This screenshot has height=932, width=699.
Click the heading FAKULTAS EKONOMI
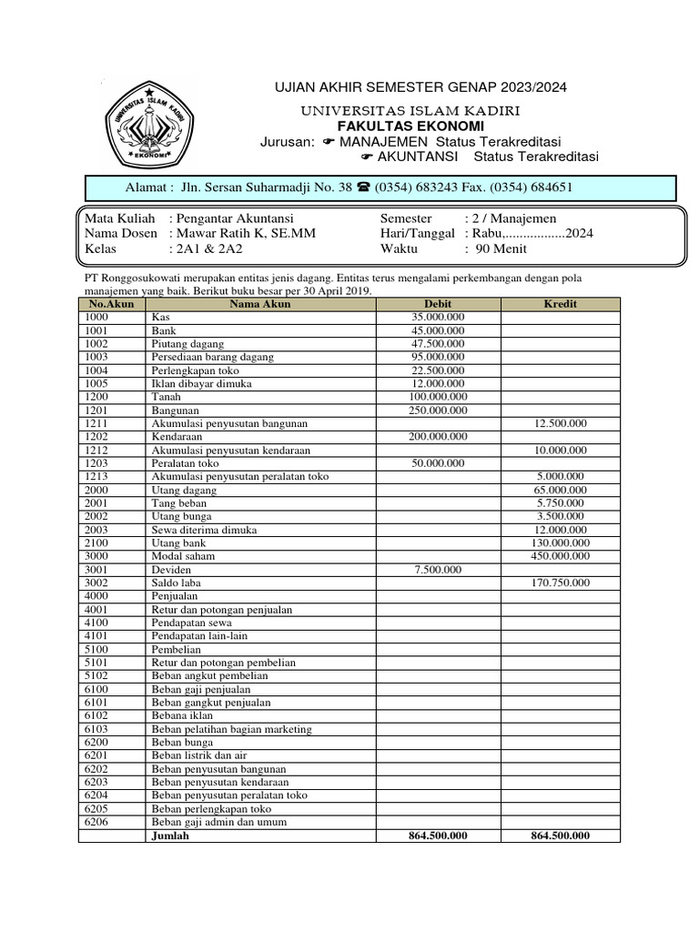410,126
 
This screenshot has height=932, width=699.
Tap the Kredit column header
560,304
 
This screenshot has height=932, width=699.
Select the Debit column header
438,304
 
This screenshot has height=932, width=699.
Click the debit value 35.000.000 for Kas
438,318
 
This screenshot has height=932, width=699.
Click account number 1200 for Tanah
96,397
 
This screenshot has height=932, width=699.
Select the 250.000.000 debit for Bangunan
438,410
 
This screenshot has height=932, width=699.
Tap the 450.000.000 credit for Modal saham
560,556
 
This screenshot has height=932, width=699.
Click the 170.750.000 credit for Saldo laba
560,582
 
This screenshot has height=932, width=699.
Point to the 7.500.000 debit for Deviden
438,570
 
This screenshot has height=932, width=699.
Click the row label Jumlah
170,836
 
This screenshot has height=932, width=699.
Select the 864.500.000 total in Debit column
438,836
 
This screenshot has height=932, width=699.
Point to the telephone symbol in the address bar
362,188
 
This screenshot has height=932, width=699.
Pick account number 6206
96,822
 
